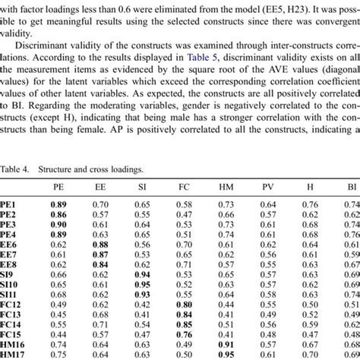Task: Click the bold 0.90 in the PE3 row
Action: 58,224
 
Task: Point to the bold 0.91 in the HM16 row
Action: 226,343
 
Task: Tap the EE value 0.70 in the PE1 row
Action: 100,204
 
